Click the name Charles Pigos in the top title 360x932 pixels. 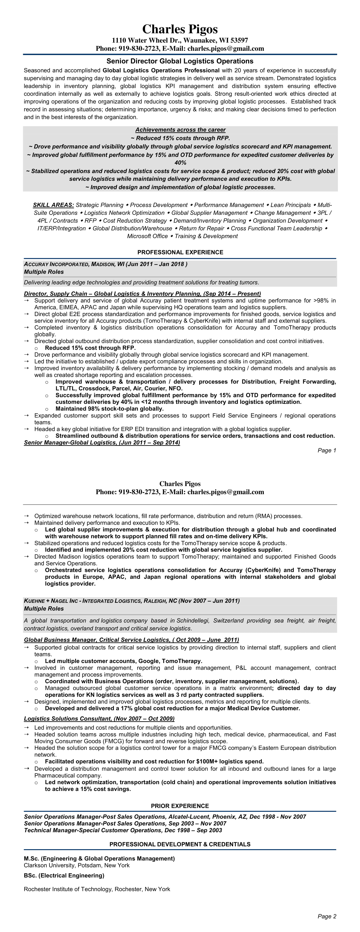tap(180, 29)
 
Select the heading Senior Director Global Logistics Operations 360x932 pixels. tap(180, 61)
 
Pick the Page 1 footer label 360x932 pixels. tap(327, 451)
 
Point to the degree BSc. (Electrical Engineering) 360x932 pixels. tap(64, 876)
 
